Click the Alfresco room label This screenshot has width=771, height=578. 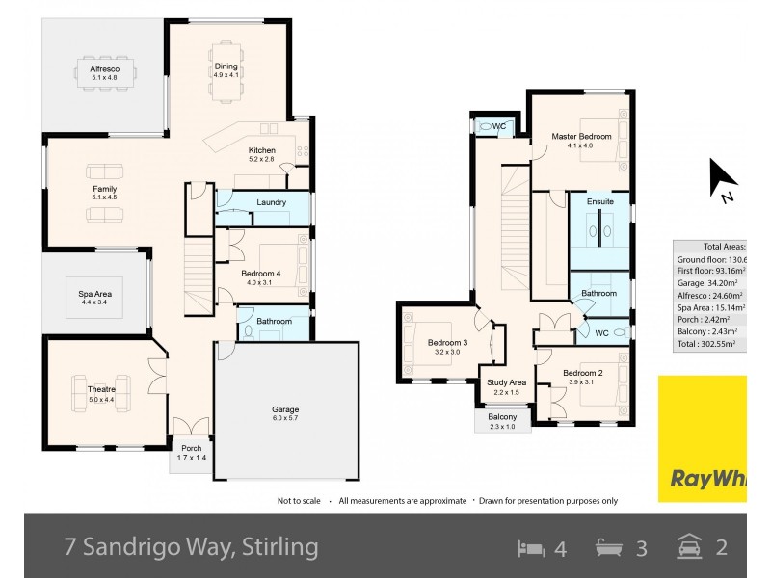pos(104,69)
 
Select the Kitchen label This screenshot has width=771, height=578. pos(262,150)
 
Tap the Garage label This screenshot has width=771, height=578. pos(284,410)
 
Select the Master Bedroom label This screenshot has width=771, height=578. pos(581,137)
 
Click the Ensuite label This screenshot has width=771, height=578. pos(599,202)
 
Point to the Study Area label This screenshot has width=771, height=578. pos(506,382)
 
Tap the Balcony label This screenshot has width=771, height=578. pos(502,417)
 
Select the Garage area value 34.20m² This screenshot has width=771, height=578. pos(707,283)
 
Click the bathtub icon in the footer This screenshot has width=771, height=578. pos(610,548)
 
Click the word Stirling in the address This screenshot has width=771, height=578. pos(279,548)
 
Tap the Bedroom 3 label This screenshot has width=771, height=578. pos(447,343)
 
